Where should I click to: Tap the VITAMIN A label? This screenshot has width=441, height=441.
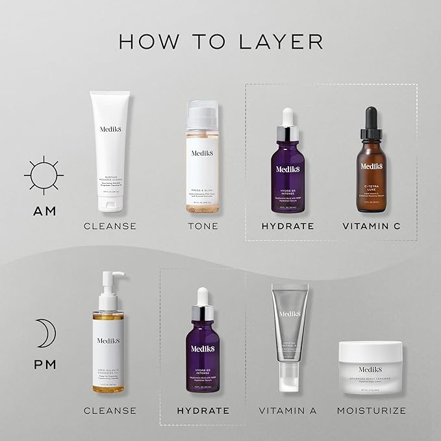pyautogui.click(x=288, y=410)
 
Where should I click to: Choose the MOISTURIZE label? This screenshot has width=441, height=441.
pyautogui.click(x=372, y=410)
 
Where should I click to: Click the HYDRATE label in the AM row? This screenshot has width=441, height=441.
pyautogui.click(x=288, y=226)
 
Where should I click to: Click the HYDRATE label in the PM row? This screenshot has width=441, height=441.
pyautogui.click(x=203, y=410)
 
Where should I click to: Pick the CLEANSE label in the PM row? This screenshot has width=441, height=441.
pyautogui.click(x=110, y=410)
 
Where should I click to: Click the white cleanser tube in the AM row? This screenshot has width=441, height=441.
pyautogui.click(x=110, y=149)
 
